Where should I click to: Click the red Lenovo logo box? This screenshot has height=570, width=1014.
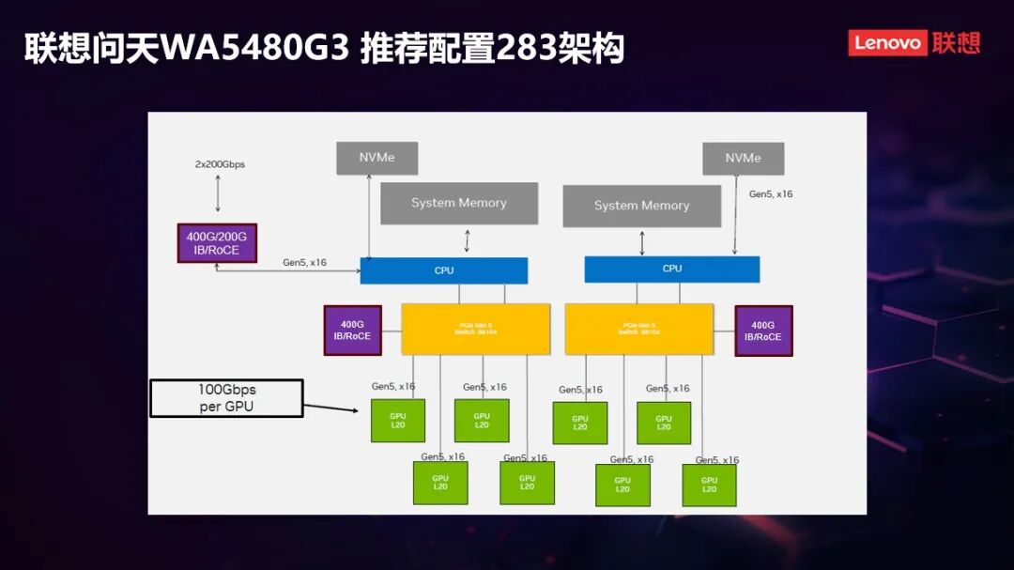[x=887, y=43]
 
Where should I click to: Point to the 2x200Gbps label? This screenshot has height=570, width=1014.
[x=220, y=164]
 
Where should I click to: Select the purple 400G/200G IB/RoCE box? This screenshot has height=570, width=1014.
[x=217, y=242]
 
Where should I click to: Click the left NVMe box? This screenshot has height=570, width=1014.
[x=376, y=158]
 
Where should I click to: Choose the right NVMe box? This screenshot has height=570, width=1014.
[x=743, y=158]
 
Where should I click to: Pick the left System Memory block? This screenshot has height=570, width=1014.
[x=458, y=203]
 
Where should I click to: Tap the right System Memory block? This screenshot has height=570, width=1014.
[x=641, y=206]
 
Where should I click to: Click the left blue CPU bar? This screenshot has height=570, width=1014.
[x=444, y=270]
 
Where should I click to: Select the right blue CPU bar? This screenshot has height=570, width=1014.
[x=671, y=269]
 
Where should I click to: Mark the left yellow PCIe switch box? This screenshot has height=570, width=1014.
[x=475, y=329]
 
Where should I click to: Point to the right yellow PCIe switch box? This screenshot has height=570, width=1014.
[x=638, y=329]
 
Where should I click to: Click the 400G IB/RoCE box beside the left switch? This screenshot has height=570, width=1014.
[x=352, y=330]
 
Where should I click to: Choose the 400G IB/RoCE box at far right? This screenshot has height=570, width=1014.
[x=763, y=331]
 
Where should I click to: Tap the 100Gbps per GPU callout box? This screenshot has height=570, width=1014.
[x=226, y=398]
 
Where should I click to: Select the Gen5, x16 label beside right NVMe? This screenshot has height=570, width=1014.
[x=771, y=194]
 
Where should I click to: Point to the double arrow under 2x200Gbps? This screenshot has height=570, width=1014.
[x=218, y=193]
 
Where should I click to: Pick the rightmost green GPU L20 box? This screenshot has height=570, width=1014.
[x=709, y=485]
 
